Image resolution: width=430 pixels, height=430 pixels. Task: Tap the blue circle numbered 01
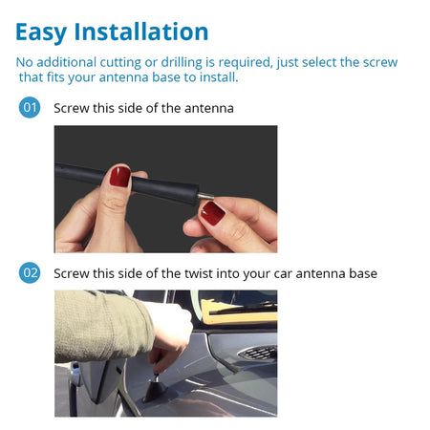(30, 108)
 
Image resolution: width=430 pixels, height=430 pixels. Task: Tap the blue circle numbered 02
(30, 273)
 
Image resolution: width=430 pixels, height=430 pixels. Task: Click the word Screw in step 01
(73, 108)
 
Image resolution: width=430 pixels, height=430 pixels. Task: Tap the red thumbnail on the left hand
(119, 177)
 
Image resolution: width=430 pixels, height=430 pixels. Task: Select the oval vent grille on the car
(255, 354)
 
